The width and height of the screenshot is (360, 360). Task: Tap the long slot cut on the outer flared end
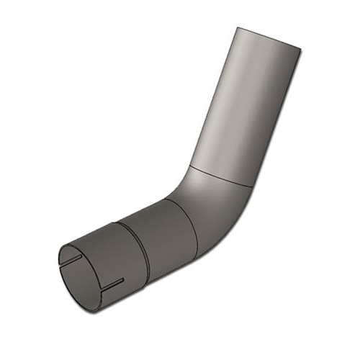[x=113, y=285]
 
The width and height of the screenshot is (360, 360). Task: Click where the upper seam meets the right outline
[x=253, y=186]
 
